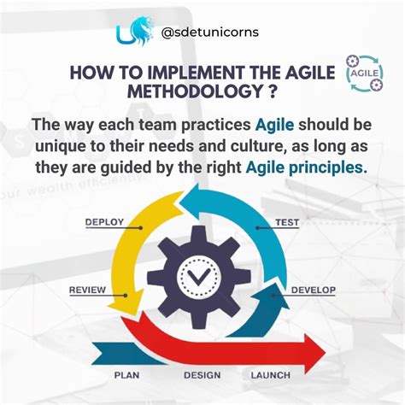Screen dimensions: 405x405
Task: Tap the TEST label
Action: point(287,222)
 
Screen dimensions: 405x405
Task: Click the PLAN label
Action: point(127,374)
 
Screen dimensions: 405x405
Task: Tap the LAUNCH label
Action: point(272,374)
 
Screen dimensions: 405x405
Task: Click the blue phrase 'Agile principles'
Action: point(308,167)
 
